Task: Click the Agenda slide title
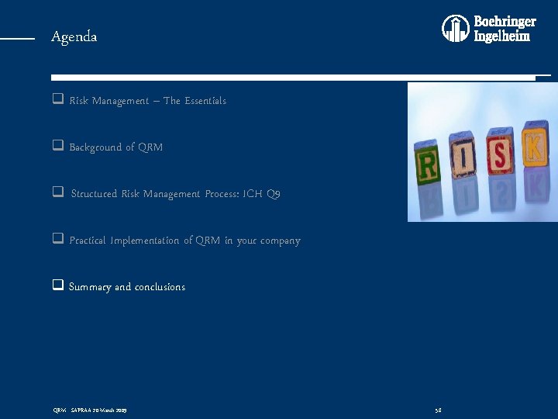tap(74, 36)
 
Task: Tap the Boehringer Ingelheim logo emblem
tap(456, 29)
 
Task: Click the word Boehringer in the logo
tap(505, 22)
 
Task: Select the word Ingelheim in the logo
tap(502, 36)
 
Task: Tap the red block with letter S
tap(499, 155)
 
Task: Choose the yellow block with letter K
tap(534, 146)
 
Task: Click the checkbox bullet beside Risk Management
tap(57, 100)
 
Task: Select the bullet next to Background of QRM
tap(57, 147)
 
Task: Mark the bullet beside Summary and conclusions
tap(57, 286)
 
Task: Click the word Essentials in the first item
tap(205, 101)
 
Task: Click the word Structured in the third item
tap(95, 194)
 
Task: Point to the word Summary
tap(90, 287)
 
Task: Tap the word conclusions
tap(160, 287)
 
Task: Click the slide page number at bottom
tap(438, 409)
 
